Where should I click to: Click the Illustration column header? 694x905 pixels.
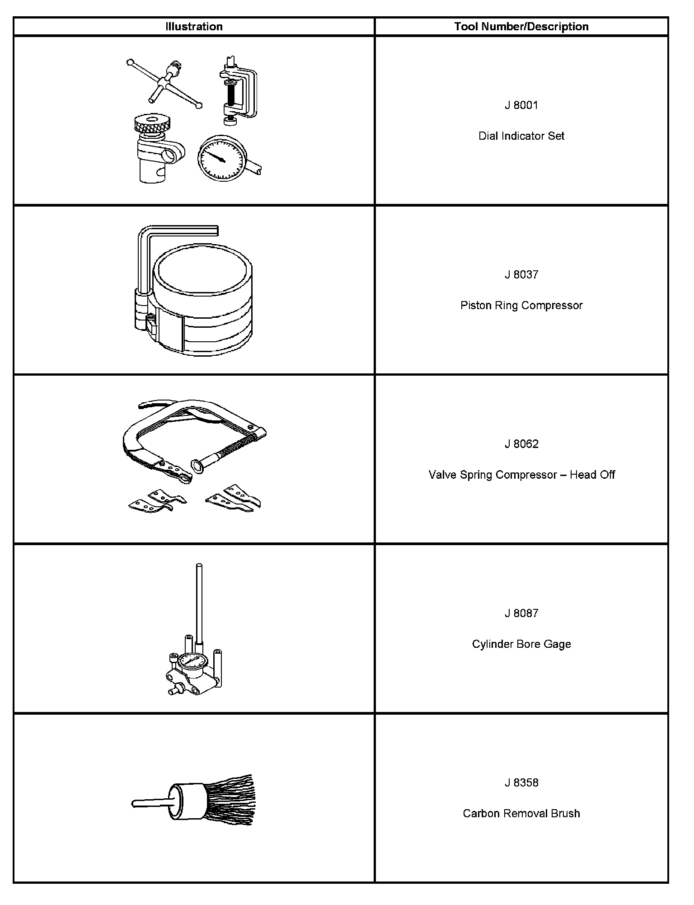point(194,27)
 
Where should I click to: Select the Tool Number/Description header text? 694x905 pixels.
point(521,27)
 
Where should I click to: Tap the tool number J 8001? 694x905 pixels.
point(521,105)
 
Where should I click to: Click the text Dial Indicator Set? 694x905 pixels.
point(521,136)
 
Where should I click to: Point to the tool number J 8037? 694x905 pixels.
point(521,275)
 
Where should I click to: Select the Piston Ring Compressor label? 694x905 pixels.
point(521,306)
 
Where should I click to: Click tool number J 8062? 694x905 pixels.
point(521,444)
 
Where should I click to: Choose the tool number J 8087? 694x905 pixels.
point(521,613)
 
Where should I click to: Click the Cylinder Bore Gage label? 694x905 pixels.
point(521,644)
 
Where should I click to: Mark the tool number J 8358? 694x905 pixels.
point(521,783)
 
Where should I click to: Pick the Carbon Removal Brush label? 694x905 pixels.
point(521,814)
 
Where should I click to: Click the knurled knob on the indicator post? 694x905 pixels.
point(153,123)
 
